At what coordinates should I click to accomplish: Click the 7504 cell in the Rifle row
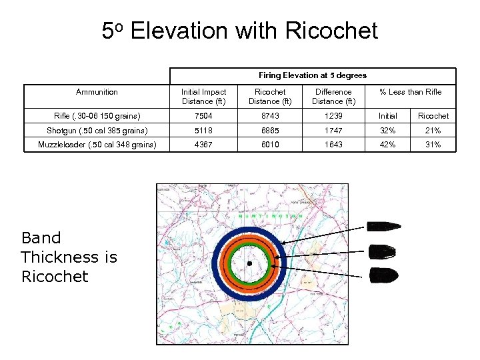click(x=204, y=116)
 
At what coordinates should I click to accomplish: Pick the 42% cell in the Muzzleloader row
click(x=387, y=144)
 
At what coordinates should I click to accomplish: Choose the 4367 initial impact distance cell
click(x=204, y=144)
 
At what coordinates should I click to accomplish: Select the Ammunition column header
click(x=97, y=92)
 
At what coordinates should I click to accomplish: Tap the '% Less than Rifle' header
click(x=410, y=92)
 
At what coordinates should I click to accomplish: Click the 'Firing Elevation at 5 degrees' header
click(x=312, y=75)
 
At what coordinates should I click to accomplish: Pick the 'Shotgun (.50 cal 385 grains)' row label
click(x=97, y=130)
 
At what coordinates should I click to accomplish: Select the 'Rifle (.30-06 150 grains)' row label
click(x=97, y=116)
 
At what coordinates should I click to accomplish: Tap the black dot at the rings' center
click(x=249, y=265)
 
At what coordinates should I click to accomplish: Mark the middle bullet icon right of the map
click(x=383, y=252)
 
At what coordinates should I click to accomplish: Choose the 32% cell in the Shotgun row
click(x=387, y=130)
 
